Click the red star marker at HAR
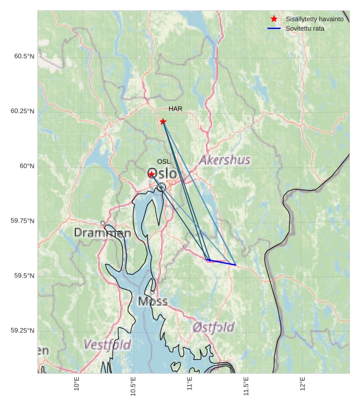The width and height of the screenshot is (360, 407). pos(163,121)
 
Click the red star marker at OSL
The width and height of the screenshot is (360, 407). pos(151,174)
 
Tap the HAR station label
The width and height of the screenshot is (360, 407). pos(175,109)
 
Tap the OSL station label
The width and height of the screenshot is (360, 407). pos(163,161)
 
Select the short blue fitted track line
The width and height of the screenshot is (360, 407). pos(222,262)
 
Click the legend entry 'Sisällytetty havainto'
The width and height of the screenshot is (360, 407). pos(314,19)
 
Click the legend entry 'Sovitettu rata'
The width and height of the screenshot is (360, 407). pos(305,28)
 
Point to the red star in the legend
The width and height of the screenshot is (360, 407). pos(274,19)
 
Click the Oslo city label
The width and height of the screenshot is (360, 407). pos(161,174)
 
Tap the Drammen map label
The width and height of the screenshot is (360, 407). pos(103,233)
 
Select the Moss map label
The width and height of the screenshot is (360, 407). pos(153,302)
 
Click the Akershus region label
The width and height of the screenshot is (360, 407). pos(224,160)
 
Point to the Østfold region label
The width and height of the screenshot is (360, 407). pos(213,327)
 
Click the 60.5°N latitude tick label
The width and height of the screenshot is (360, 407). pos(24,57)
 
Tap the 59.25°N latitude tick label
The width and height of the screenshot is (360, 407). pos(22,330)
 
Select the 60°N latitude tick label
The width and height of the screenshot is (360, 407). pos(27,166)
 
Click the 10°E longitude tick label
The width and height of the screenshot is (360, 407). pos(77,384)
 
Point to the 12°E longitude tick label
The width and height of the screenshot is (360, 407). pos(303,384)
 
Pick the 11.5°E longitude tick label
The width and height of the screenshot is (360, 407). pos(246,386)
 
